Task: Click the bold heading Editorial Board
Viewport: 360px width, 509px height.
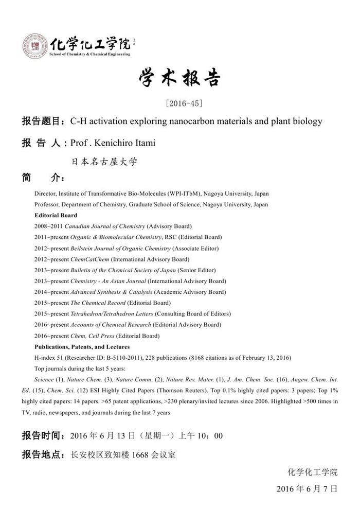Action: click(56, 215)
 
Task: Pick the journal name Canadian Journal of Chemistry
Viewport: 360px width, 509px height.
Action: click(105, 226)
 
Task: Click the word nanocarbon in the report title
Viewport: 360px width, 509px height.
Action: click(181, 121)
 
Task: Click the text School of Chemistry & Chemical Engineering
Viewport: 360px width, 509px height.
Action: click(89, 54)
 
